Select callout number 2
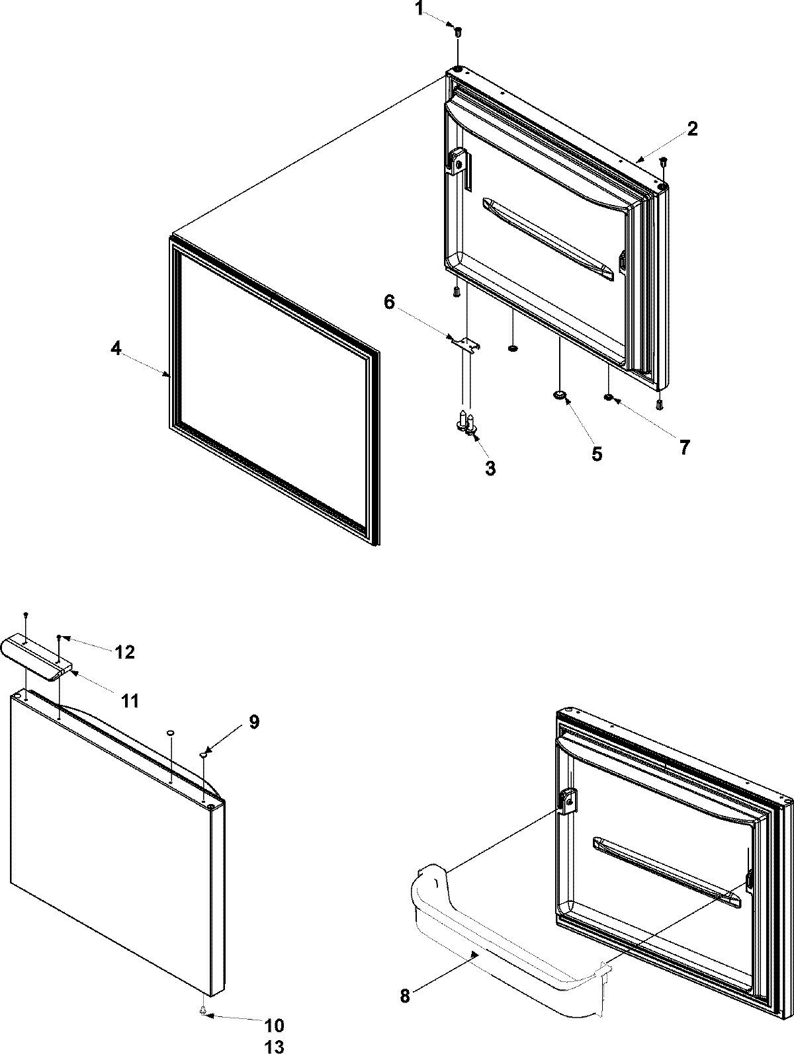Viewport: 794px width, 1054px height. [x=691, y=129]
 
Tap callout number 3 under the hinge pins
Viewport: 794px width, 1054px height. [x=490, y=468]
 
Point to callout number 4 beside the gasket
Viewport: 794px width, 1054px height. [x=116, y=348]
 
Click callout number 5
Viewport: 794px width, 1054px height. [x=596, y=454]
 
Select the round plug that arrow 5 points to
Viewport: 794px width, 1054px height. [x=560, y=395]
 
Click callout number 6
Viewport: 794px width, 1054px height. [x=389, y=303]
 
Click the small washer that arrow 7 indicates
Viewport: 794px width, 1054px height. [x=607, y=397]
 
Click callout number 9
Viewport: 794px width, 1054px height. [x=254, y=721]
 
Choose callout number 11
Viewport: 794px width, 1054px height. [x=130, y=701]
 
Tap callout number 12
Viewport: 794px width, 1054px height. [x=124, y=652]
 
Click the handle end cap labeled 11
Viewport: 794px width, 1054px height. [x=36, y=655]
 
